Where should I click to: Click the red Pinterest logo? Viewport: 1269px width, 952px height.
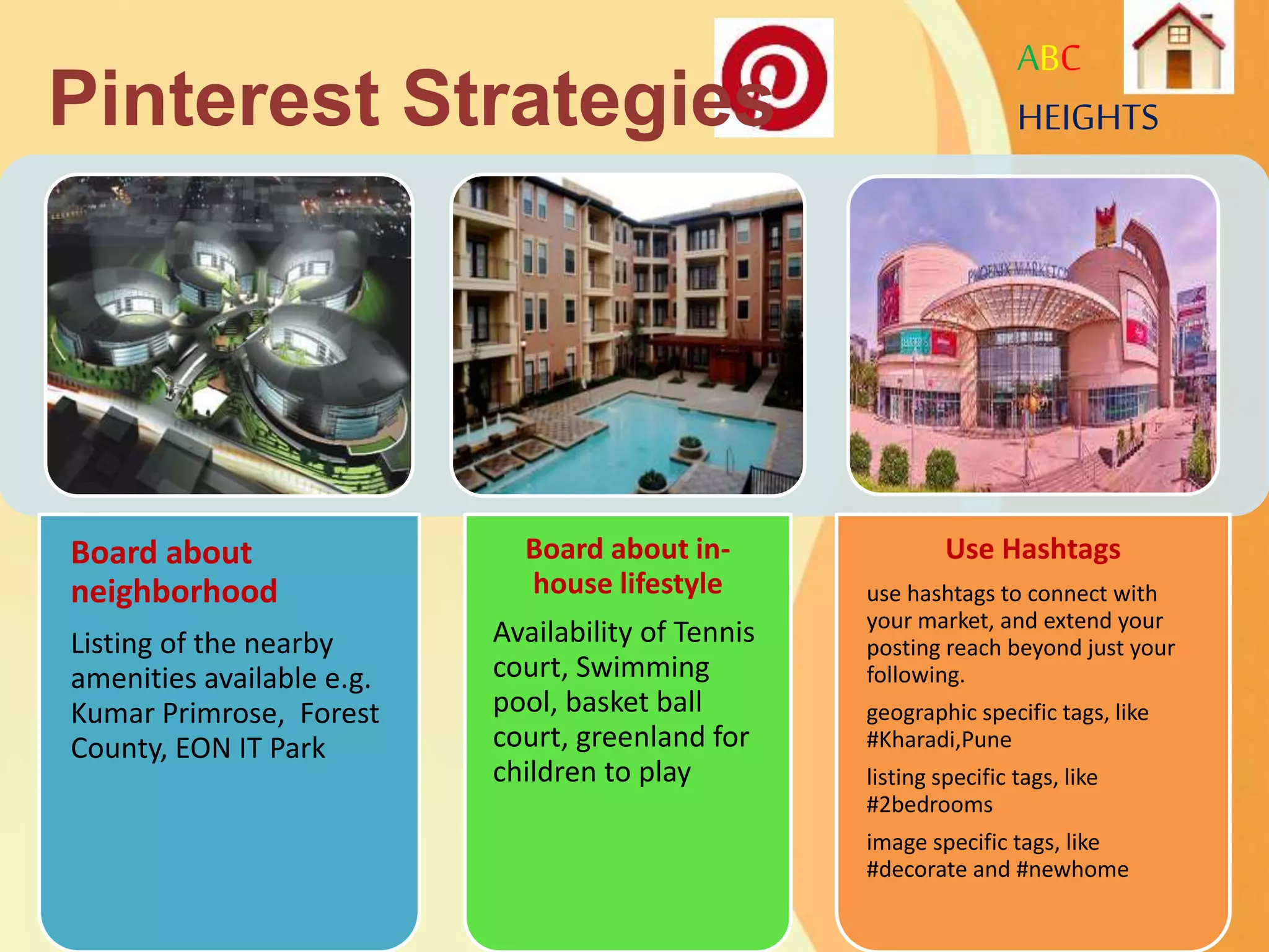point(775,77)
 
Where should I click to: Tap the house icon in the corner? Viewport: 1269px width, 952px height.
point(1179,48)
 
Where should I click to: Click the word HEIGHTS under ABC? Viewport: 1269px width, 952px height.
point(1087,118)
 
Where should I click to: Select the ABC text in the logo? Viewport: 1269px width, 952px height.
point(1048,59)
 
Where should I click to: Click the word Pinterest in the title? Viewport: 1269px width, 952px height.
point(214,99)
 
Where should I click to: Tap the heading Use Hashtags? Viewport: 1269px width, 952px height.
point(1032,549)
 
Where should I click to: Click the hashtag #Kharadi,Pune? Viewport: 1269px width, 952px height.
point(939,739)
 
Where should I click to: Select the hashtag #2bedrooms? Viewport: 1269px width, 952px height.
point(929,804)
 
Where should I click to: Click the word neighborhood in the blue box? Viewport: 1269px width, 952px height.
point(174,591)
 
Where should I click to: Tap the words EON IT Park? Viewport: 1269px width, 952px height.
point(250,748)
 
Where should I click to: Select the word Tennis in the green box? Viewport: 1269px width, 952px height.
point(714,632)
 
